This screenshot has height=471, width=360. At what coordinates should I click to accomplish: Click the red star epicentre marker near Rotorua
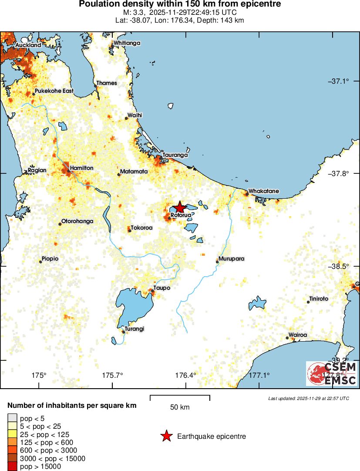179,207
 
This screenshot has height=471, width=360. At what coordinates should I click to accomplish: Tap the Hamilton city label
81,168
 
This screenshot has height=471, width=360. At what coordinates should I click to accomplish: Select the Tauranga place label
175,155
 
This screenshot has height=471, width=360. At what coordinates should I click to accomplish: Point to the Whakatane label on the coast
263,191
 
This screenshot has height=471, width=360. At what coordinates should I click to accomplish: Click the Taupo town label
162,288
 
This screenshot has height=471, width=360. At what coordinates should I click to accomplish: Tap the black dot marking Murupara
218,261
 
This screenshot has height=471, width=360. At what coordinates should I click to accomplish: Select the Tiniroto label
318,299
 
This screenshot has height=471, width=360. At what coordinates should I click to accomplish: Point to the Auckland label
28,45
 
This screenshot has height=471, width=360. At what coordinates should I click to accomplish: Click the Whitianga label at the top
127,43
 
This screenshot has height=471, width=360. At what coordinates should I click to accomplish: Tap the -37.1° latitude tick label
340,81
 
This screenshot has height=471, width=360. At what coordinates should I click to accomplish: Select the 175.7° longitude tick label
112,375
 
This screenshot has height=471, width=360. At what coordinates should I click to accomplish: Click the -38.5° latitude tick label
340,266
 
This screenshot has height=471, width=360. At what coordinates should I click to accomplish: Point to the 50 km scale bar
180,397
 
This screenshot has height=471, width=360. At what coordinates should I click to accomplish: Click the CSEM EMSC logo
332,374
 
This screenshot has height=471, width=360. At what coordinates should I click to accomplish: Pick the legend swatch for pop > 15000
12,467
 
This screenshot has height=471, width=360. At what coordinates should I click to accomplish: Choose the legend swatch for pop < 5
12,419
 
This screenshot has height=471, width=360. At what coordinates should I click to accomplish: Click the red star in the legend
166,436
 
